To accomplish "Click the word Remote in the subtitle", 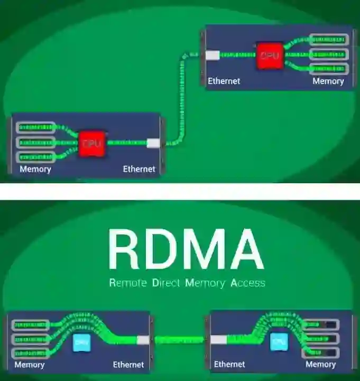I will [x=127, y=283].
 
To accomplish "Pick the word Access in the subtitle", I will [x=248, y=283].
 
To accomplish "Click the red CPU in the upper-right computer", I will [x=269, y=56].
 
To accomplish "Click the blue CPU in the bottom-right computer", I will [x=279, y=343].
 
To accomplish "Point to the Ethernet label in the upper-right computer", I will [x=224, y=81].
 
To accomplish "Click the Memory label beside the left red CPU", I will [x=35, y=169].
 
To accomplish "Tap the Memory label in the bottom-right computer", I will [x=320, y=364].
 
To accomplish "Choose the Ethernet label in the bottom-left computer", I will [x=128, y=365].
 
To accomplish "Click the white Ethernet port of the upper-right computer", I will [x=213, y=54].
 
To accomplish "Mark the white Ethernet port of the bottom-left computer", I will [x=143, y=340].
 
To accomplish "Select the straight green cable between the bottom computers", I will [x=180, y=340].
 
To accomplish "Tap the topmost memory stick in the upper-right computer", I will [x=328, y=39].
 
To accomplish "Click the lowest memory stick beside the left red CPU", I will [x=36, y=157].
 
